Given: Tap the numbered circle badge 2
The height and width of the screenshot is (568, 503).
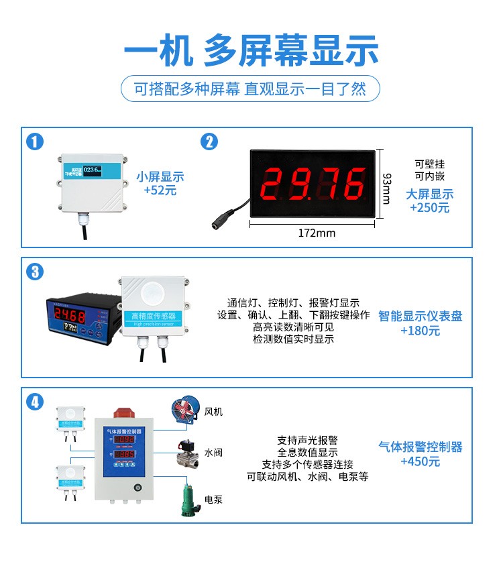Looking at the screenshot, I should tap(209, 142).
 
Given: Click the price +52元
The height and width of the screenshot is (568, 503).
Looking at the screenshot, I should tap(160, 190).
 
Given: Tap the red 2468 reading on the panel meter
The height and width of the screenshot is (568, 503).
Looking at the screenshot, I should tap(69, 315).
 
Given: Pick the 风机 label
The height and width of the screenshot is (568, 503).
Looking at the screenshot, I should tap(213, 412).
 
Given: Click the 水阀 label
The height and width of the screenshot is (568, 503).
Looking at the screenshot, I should tap(213, 453).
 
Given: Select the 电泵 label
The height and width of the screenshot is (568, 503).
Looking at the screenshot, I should tap(213, 500).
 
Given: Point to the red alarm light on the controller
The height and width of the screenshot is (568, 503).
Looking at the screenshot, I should tap(124, 410).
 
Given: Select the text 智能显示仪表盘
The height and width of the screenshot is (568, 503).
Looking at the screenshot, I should tap(421, 316).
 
